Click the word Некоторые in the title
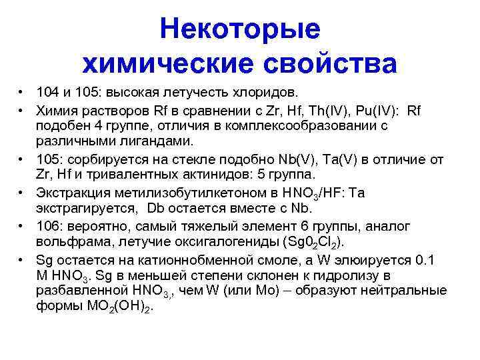(240, 29)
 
